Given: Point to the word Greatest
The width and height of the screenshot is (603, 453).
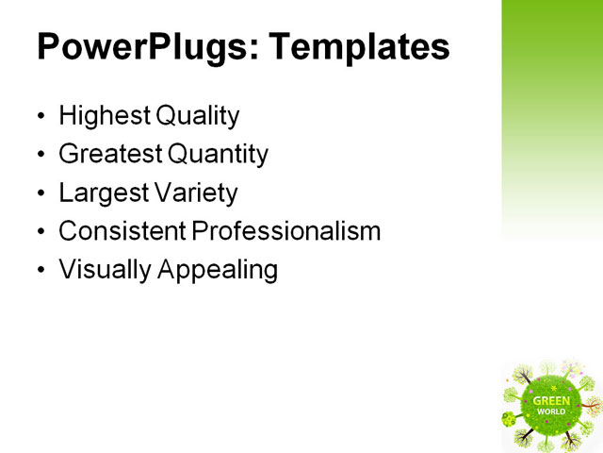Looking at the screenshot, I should pyautogui.click(x=107, y=154).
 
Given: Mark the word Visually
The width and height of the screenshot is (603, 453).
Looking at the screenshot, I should pyautogui.click(x=105, y=270).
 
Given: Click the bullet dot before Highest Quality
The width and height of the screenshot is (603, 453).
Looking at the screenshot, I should pyautogui.click(x=41, y=118).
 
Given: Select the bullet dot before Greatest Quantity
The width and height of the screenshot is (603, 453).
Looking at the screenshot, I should pyautogui.click(x=41, y=156).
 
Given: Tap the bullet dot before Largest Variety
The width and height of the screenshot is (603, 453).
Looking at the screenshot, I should pyautogui.click(x=41, y=194).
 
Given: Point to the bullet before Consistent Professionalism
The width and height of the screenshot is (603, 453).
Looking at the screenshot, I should pyautogui.click(x=41, y=233).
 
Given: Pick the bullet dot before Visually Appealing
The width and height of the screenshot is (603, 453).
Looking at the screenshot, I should pyautogui.click(x=41, y=272).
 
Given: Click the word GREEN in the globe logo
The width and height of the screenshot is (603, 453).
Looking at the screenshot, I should pyautogui.click(x=551, y=400).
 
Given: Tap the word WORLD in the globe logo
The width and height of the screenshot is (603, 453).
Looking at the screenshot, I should pyautogui.click(x=551, y=412).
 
